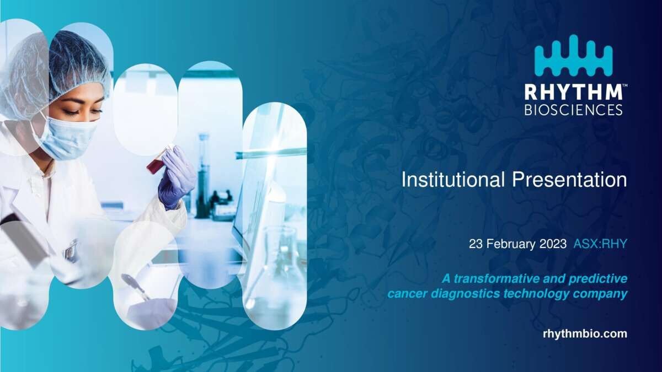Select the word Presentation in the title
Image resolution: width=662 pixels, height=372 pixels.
tap(569, 180)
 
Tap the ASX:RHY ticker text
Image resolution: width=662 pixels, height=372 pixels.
tap(600, 244)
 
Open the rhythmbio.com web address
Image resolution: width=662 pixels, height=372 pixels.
tap(585, 334)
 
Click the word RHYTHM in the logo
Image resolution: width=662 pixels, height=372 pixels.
tap(573, 92)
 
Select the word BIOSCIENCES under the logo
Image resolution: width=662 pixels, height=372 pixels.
tap(573, 110)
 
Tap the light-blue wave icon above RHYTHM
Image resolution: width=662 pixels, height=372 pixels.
tap(573, 55)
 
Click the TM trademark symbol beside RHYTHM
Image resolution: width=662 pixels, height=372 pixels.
tap(624, 85)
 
